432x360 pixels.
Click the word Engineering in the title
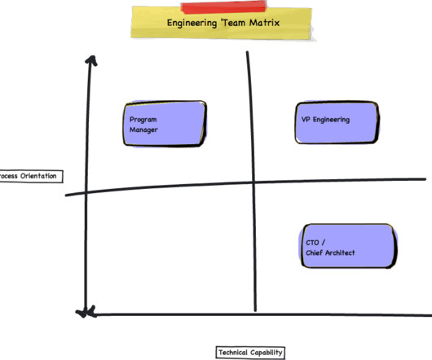coord(192,23)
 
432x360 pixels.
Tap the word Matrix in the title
coord(264,22)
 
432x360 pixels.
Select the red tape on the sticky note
coord(223,7)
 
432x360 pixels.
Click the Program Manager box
coord(165,124)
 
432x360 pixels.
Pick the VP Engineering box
coord(337,122)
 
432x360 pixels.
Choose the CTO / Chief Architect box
coord(349,246)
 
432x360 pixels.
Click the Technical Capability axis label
coord(250,353)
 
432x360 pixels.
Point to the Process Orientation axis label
coord(31,176)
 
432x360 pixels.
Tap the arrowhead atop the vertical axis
coord(91,60)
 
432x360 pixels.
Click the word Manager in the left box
coord(143,130)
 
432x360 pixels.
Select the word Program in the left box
coord(143,120)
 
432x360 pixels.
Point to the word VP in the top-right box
coord(306,120)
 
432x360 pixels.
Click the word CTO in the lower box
coord(312,243)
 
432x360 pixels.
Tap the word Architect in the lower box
coord(340,252)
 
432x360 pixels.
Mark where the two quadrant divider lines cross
coord(253,182)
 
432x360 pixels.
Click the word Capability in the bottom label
coord(267,353)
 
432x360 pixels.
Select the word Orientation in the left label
coord(38,176)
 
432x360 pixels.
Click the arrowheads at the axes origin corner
coord(86,313)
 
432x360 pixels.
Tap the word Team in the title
coord(234,22)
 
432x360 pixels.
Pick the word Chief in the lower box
coord(314,252)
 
